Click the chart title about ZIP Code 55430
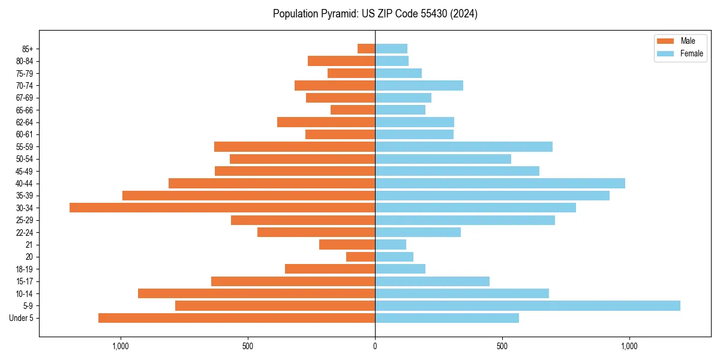375,14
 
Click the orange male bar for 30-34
222,208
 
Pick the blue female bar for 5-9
527,305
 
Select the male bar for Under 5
236,318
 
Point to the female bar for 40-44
500,183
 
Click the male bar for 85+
366,49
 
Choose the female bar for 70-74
419,85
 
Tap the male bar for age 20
361,257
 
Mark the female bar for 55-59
464,146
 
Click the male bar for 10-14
256,293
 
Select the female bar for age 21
391,244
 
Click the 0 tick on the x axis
375,346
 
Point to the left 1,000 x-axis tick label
121,346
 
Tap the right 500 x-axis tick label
502,346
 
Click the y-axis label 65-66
25,110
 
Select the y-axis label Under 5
22,318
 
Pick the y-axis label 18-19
25,269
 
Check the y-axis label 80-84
25,61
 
